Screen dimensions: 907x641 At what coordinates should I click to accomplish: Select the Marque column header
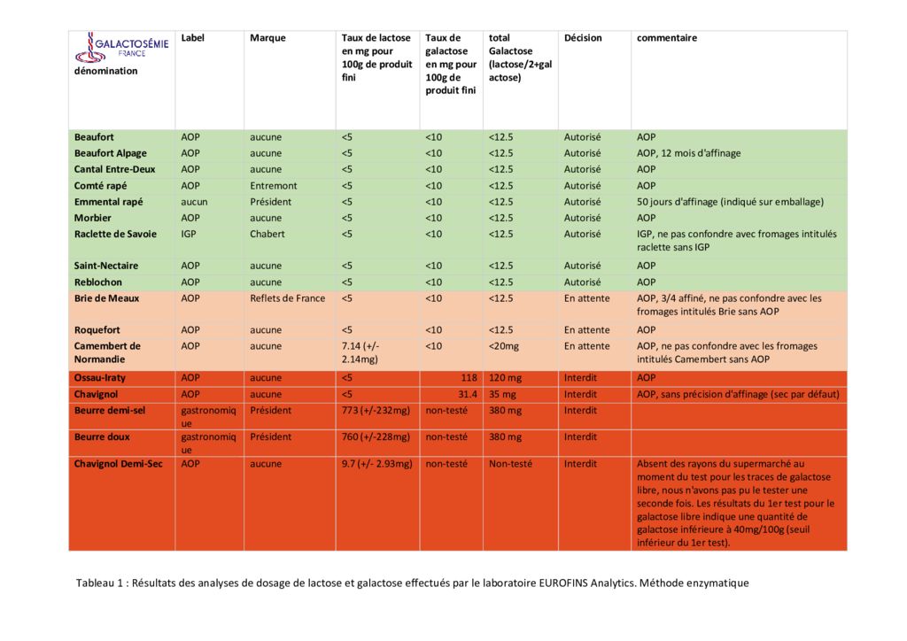tap(267, 38)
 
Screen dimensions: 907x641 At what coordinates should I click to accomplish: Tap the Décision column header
tap(583, 38)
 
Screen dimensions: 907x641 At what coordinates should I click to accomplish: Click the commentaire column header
tap(666, 38)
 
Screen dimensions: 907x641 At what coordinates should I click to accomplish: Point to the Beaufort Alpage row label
tap(110, 153)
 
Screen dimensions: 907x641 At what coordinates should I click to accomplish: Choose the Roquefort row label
tap(97, 330)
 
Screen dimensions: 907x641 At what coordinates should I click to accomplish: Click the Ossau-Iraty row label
tap(99, 378)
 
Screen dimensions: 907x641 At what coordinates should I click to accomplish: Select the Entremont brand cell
tap(273, 186)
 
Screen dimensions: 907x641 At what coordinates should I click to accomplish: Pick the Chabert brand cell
tap(267, 234)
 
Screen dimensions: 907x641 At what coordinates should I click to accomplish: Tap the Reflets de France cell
tap(288, 298)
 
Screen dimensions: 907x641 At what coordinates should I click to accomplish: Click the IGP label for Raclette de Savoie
tap(189, 234)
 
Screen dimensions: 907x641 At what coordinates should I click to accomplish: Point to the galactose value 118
tap(469, 378)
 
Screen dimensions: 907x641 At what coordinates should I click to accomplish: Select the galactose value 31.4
tap(468, 394)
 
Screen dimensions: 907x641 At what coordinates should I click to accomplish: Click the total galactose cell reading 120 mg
tap(505, 378)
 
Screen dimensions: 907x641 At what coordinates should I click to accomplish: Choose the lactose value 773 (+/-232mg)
tap(376, 411)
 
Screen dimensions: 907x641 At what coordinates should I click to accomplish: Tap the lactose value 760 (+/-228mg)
tap(376, 437)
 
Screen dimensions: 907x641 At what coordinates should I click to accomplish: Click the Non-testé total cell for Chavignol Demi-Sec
tap(510, 464)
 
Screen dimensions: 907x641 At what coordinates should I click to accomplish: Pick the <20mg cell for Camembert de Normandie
tap(504, 346)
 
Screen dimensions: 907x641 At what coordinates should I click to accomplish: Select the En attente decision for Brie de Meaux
tap(586, 298)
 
